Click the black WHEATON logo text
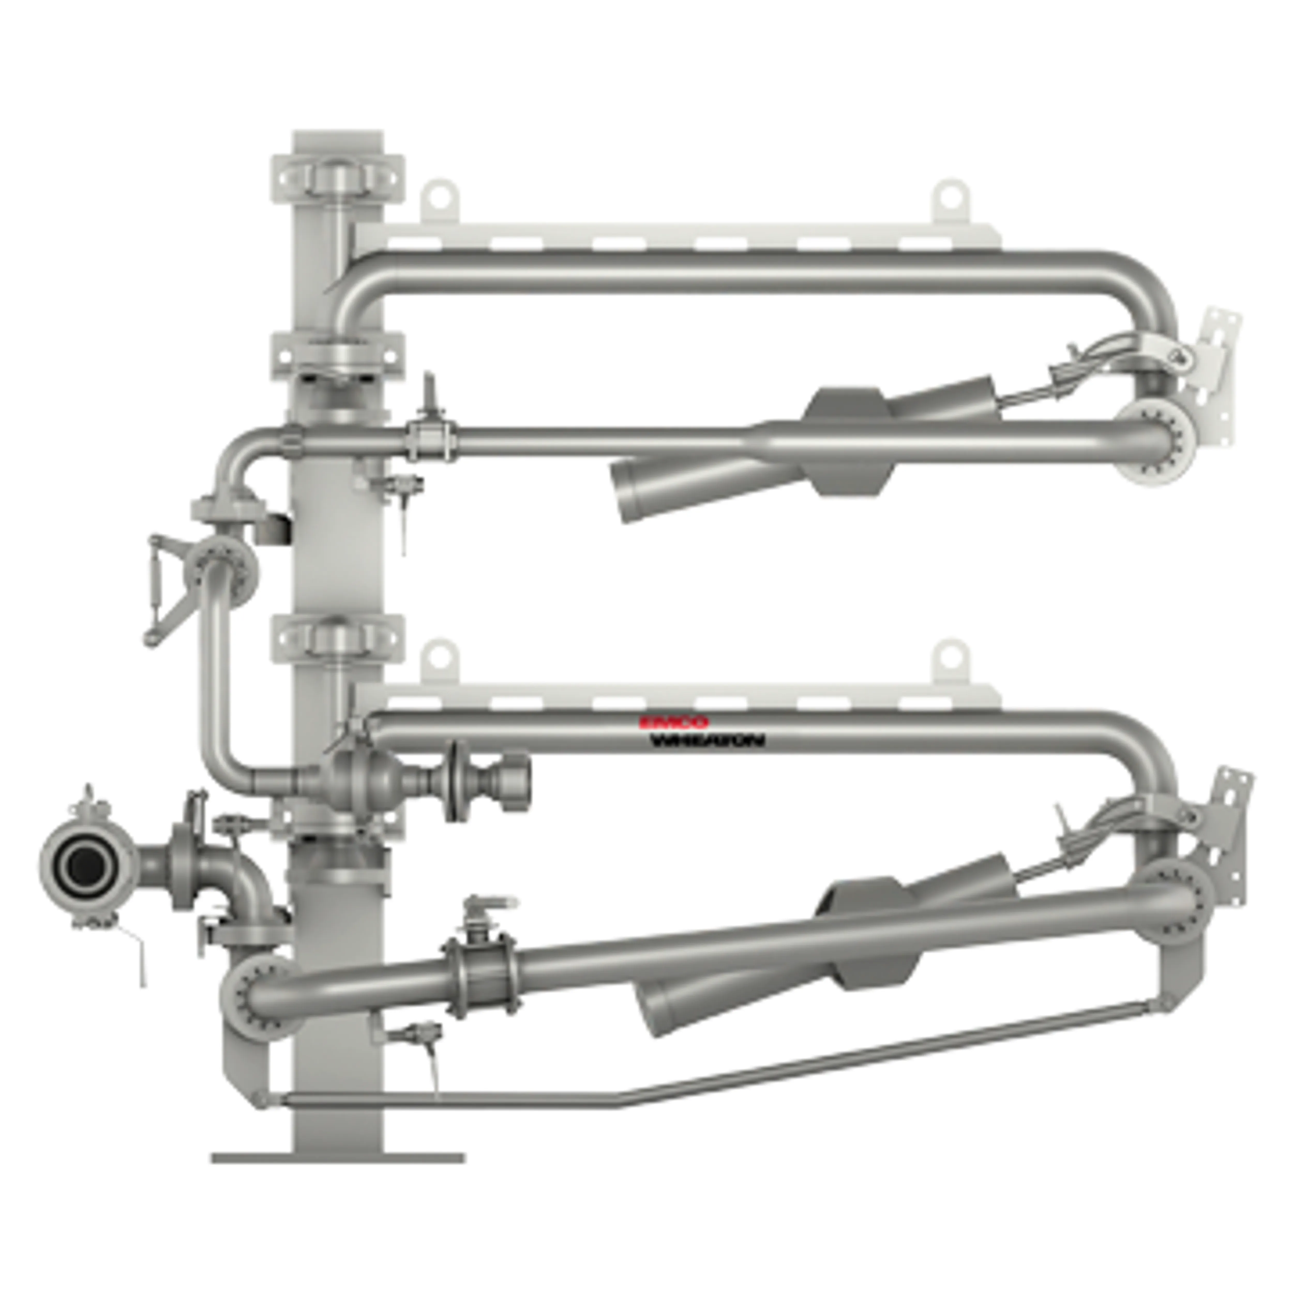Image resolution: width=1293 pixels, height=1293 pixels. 708,740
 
